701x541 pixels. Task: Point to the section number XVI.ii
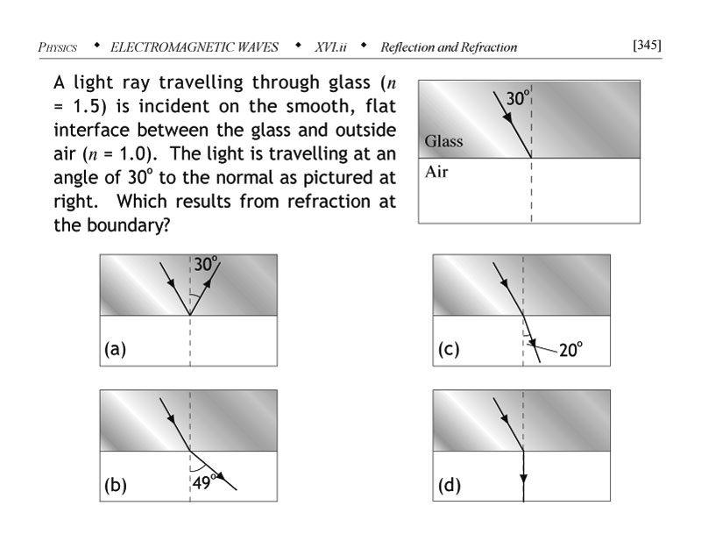click(x=331, y=46)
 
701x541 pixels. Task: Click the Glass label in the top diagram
click(x=444, y=141)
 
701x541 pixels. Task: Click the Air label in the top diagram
click(x=436, y=171)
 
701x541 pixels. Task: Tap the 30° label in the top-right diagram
click(x=516, y=99)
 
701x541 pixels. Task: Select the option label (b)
click(x=115, y=487)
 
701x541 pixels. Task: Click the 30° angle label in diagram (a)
click(x=206, y=264)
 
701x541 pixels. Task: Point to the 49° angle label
click(x=204, y=480)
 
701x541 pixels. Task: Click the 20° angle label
click(x=571, y=350)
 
